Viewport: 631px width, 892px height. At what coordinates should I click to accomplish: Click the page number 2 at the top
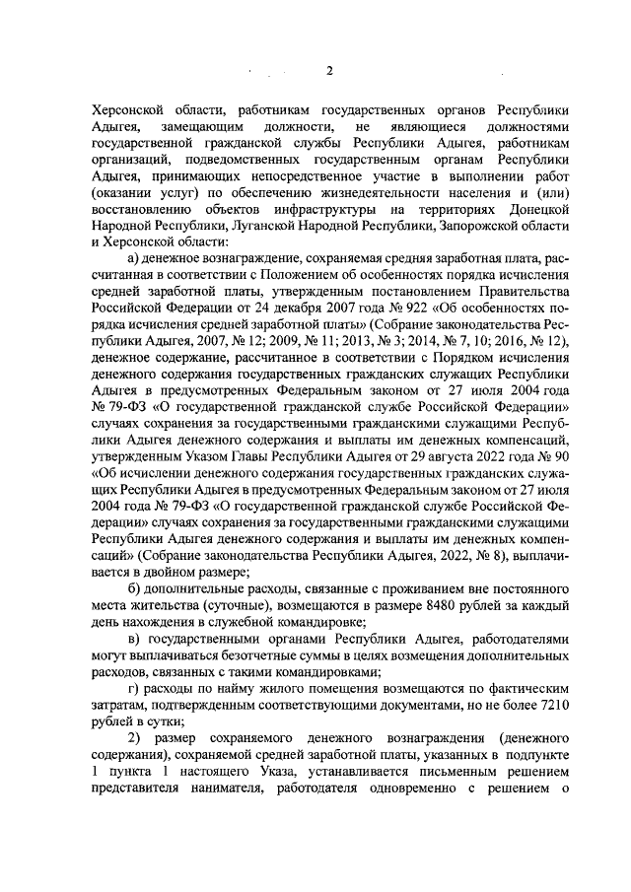pos(330,71)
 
